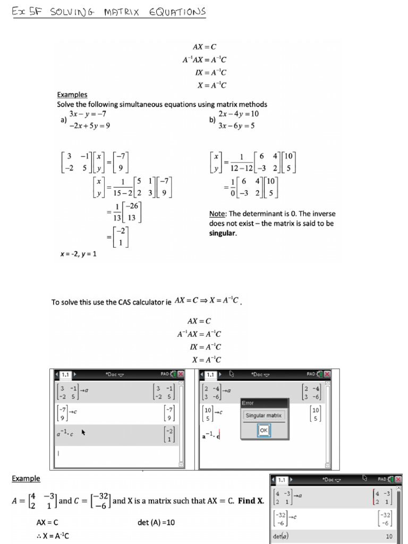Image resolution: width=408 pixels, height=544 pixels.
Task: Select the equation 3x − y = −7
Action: pyautogui.click(x=88, y=114)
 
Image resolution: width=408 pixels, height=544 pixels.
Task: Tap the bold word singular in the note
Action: pyautogui.click(x=223, y=233)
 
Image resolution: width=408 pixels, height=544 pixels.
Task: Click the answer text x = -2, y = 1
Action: pyautogui.click(x=78, y=254)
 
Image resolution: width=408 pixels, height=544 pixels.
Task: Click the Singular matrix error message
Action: pyautogui.click(x=264, y=415)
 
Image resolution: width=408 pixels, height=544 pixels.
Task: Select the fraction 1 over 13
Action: pyautogui.click(x=116, y=211)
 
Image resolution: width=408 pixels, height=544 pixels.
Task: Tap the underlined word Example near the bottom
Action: pyautogui.click(x=26, y=479)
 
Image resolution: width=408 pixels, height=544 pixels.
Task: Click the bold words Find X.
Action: pyautogui.click(x=251, y=500)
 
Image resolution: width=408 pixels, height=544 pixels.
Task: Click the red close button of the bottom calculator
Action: pyautogui.click(x=398, y=479)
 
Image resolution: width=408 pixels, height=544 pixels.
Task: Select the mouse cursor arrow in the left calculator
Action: pyautogui.click(x=83, y=432)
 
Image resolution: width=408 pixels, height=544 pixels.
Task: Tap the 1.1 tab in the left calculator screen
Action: pyautogui.click(x=65, y=375)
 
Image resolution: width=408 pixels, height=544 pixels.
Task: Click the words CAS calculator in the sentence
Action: pyautogui.click(x=139, y=302)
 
